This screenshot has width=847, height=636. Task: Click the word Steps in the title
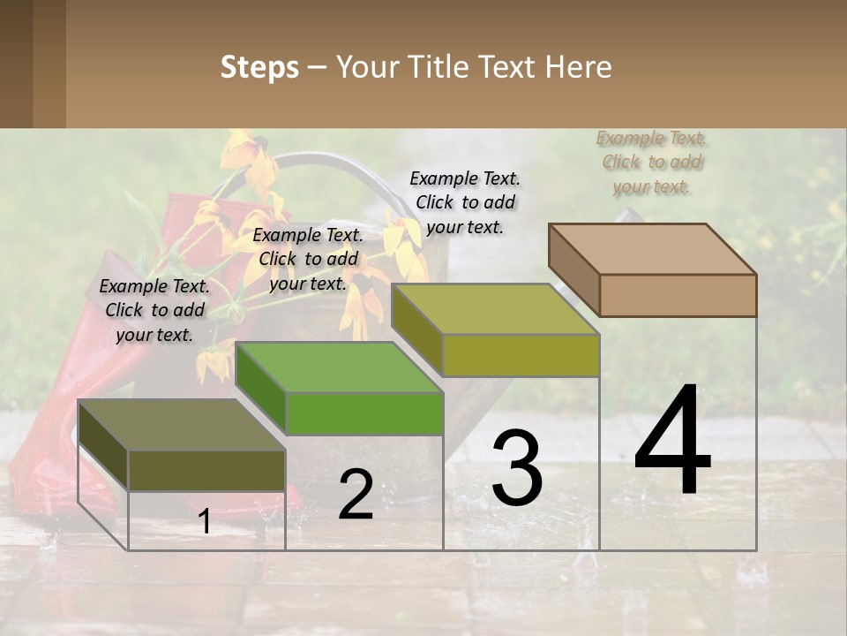259,67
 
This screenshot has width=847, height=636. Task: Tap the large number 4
672,441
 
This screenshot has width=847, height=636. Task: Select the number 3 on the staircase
517,467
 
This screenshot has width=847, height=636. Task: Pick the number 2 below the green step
356,495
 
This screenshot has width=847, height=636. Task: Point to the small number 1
205,522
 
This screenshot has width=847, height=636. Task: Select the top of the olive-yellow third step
495,309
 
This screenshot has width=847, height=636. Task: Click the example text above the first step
154,310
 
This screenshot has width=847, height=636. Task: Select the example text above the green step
308,259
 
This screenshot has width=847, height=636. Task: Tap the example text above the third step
465,202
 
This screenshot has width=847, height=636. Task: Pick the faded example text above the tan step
652,162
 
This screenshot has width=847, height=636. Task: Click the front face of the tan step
678,295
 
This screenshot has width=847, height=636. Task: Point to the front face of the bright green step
364,413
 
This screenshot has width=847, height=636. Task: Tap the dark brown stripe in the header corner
16,64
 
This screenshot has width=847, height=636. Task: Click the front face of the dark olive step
206,470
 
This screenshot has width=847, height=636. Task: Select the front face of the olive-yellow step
521,356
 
